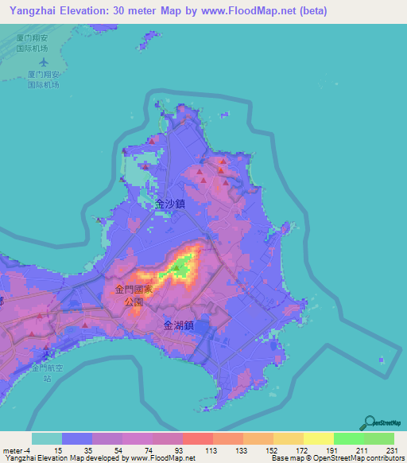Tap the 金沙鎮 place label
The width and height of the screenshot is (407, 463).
(x=170, y=204)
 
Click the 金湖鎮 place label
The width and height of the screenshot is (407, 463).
(x=179, y=325)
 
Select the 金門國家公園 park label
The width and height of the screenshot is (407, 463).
(x=130, y=296)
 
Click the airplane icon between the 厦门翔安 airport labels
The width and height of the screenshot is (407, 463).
(x=43, y=60)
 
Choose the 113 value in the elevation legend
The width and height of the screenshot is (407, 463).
(x=210, y=451)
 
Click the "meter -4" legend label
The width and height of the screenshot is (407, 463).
(x=17, y=451)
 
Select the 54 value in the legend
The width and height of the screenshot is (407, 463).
(x=119, y=451)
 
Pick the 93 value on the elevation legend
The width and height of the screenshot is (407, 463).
(x=180, y=451)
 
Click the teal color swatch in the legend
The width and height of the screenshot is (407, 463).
(x=46, y=438)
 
